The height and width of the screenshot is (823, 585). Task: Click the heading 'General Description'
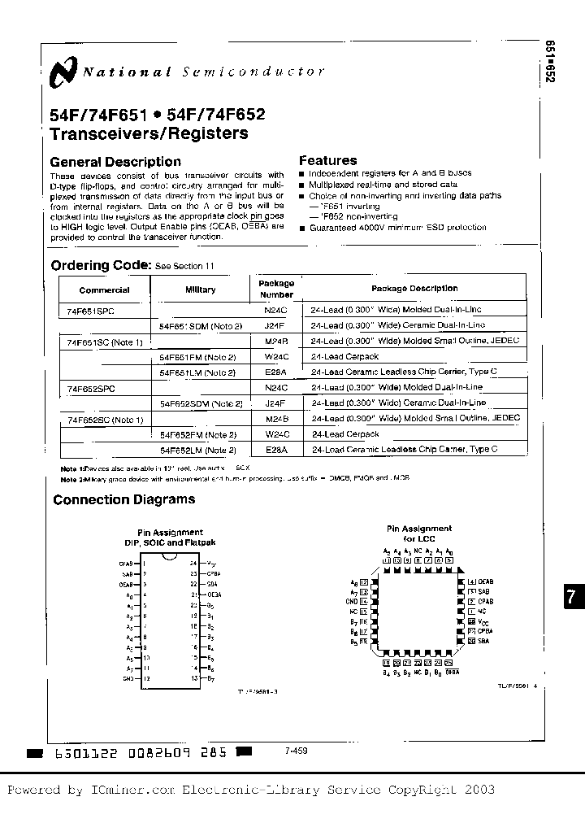(x=115, y=162)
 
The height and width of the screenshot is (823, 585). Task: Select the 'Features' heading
(x=327, y=161)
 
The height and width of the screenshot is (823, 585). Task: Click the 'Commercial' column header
(x=104, y=290)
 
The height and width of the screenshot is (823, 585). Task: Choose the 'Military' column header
(x=200, y=290)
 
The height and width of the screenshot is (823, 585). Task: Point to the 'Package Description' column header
(x=414, y=289)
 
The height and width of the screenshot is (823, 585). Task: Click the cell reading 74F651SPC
(x=92, y=310)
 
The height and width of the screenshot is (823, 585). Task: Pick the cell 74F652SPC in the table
(x=92, y=389)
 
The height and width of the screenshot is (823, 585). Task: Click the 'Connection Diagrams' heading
(x=123, y=499)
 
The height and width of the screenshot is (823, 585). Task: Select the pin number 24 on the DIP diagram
(x=193, y=563)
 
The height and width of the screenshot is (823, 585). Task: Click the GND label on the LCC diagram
(x=352, y=602)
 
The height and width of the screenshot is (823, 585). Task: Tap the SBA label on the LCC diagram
(x=484, y=641)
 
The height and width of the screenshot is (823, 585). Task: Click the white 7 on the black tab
(x=571, y=596)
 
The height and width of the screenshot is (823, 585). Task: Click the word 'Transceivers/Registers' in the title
(x=149, y=133)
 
